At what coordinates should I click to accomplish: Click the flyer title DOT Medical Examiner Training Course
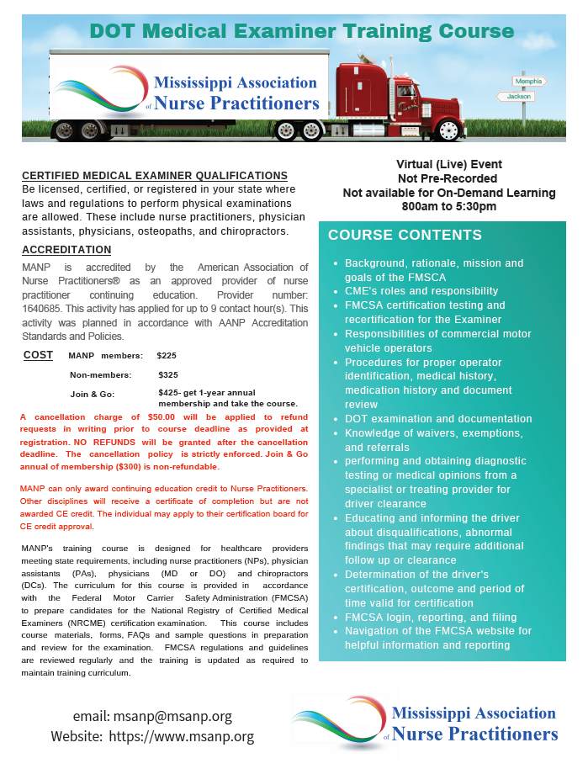[x=301, y=31]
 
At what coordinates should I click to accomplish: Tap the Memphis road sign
[x=530, y=82]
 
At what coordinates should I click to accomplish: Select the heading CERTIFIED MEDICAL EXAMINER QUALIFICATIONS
[x=155, y=176]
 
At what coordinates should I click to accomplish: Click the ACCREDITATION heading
[x=66, y=250]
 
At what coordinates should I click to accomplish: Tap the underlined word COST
[x=38, y=356]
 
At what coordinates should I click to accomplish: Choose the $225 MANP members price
[x=167, y=356]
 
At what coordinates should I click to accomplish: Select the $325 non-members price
[x=168, y=374]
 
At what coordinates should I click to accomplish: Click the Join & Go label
[x=92, y=393]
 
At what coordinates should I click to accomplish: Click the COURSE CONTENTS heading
[x=405, y=236]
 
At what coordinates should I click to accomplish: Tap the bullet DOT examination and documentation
[x=437, y=419]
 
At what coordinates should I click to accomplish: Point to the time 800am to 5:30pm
[x=449, y=206]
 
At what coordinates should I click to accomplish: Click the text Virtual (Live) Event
[x=449, y=165]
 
